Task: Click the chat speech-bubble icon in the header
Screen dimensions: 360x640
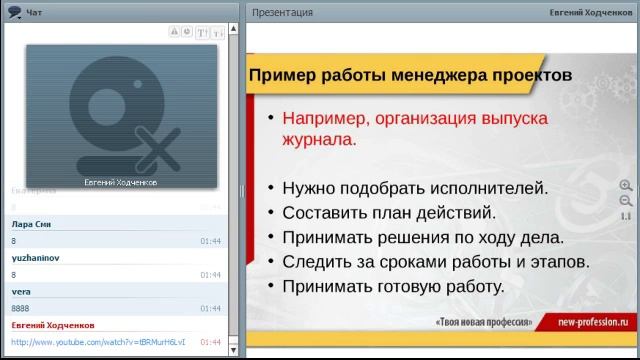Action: (x=14, y=12)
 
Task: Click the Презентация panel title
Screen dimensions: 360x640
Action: (x=282, y=12)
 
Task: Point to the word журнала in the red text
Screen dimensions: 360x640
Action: (x=317, y=140)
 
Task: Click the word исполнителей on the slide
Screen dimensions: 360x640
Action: (x=484, y=187)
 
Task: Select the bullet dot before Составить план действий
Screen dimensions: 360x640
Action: (x=270, y=213)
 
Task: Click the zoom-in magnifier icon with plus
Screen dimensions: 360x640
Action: (x=626, y=185)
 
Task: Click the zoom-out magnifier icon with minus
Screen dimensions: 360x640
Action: (x=626, y=200)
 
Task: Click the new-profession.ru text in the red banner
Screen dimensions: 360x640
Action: (x=598, y=323)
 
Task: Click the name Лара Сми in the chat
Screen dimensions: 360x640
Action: (x=30, y=225)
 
